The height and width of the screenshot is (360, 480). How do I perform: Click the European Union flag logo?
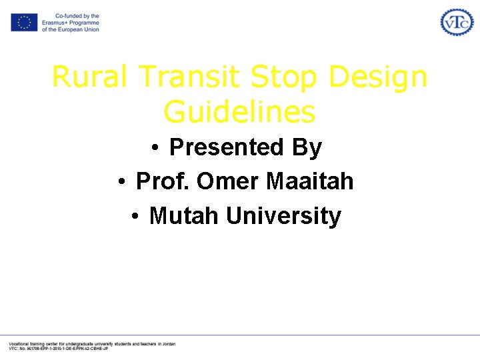24,23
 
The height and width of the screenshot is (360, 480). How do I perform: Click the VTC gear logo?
457,22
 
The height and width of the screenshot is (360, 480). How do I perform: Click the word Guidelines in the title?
239,111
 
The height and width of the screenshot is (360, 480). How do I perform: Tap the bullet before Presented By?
154,148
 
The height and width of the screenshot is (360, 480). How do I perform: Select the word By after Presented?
307,147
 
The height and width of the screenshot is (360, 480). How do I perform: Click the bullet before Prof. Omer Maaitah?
123,182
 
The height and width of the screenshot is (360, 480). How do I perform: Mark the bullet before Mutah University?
135,217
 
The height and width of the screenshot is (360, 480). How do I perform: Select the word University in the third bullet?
283,216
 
